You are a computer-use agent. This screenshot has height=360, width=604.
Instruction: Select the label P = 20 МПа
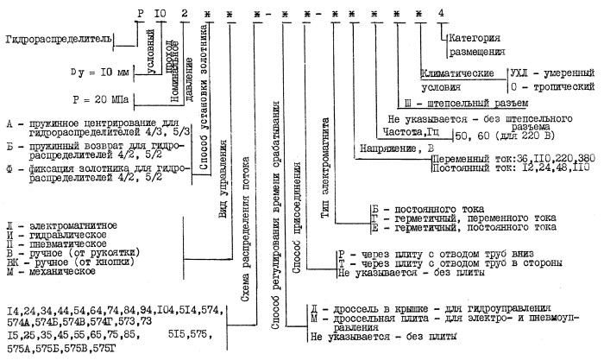coord(102,99)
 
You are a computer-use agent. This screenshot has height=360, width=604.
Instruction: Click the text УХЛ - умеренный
coord(551,73)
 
